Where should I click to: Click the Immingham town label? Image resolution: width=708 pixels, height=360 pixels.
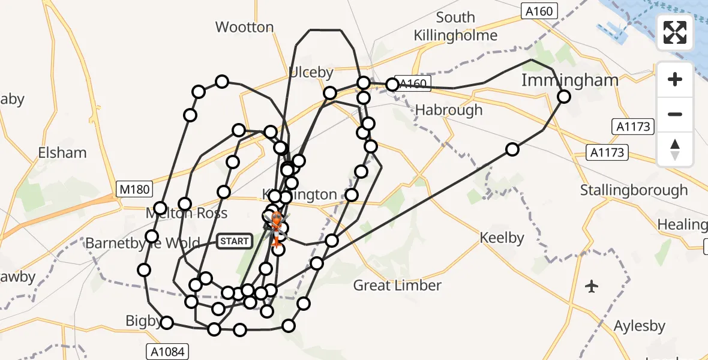tap(569, 80)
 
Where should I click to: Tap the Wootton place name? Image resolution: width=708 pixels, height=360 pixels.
tap(244, 27)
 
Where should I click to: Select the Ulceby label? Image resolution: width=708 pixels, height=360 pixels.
tap(311, 73)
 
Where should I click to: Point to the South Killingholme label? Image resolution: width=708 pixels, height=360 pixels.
tap(455, 26)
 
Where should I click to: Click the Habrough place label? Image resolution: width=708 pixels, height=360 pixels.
tap(449, 110)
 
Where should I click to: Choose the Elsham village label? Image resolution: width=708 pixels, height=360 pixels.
tap(62, 153)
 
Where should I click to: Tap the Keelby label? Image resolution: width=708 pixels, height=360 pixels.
tap(502, 238)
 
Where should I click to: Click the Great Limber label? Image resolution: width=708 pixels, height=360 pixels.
tap(397, 286)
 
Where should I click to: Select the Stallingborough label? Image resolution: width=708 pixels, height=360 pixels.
tap(634, 191)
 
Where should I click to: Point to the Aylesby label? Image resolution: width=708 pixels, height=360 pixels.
tap(640, 326)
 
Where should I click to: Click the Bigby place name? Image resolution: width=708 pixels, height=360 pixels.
tap(143, 321)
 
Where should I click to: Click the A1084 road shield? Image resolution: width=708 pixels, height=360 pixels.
tap(167, 351)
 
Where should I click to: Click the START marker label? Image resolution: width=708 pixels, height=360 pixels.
tap(234, 241)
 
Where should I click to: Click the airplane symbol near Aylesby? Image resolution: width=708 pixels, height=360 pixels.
tap(592, 286)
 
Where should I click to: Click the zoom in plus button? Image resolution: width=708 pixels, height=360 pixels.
tap(675, 79)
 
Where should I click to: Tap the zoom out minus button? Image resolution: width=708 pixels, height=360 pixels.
tap(675, 114)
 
